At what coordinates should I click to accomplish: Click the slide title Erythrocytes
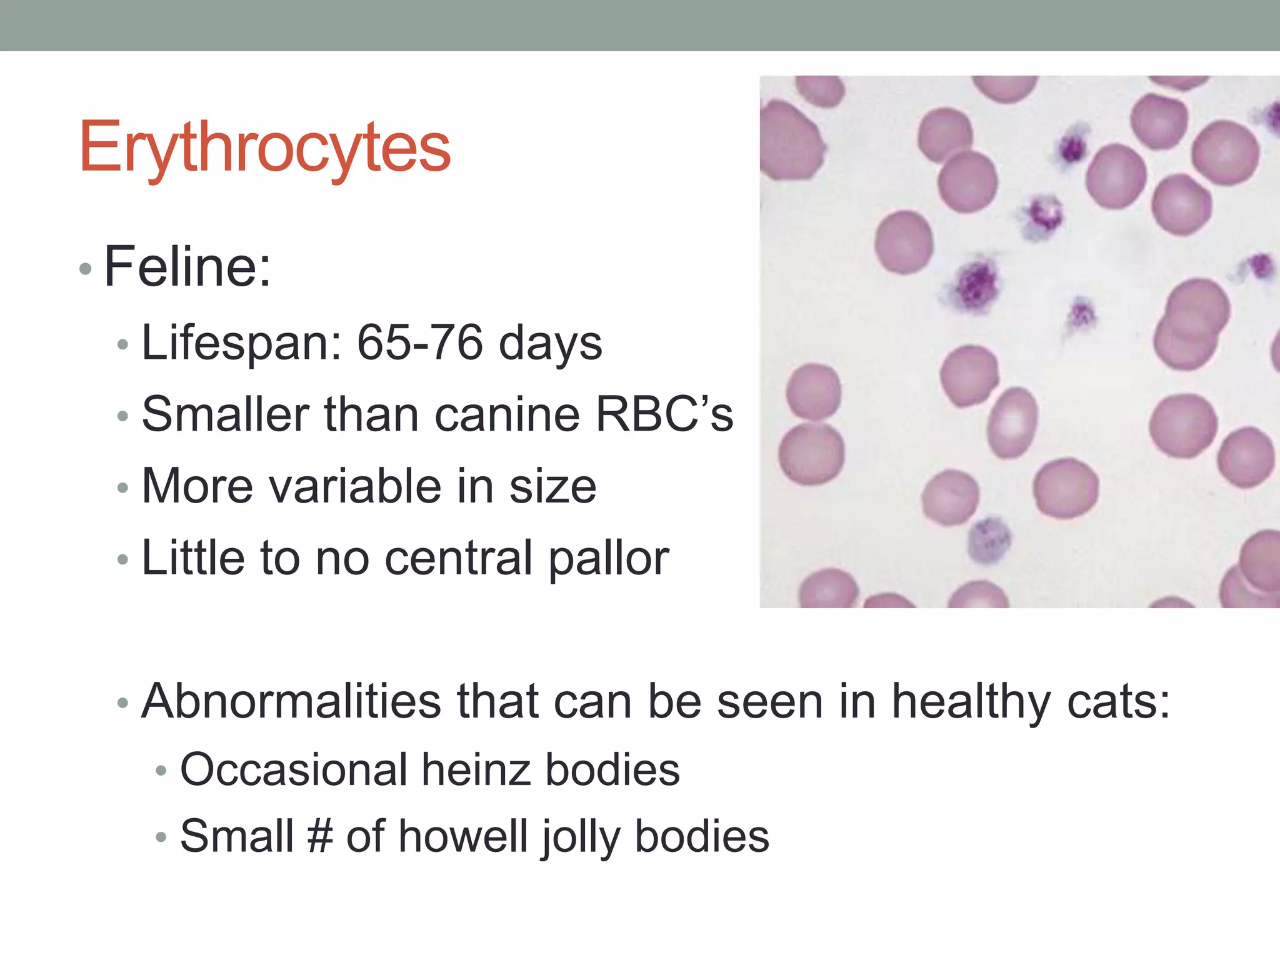[264, 147]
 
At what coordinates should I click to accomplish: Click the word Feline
[186, 267]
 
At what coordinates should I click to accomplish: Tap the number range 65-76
[419, 342]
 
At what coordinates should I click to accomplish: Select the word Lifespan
[242, 344]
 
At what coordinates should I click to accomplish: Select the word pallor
[608, 559]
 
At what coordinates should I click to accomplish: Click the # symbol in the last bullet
[320, 836]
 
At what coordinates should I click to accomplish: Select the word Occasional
[294, 769]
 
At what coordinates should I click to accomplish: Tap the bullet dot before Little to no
[122, 559]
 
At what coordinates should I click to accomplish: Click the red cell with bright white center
[1012, 422]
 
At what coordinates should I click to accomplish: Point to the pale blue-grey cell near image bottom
[989, 539]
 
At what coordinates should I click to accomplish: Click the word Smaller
[225, 414]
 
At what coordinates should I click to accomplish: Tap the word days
[550, 344]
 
